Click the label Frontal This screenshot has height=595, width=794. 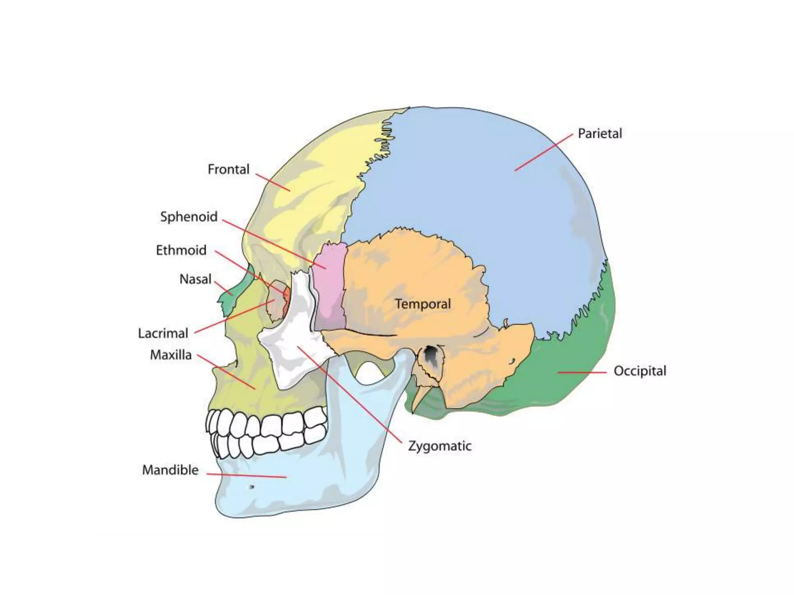[x=228, y=169]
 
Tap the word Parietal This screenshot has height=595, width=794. [x=599, y=134]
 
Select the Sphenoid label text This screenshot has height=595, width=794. [x=189, y=217]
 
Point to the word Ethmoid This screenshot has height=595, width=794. [x=181, y=250]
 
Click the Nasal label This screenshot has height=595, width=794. [x=195, y=279]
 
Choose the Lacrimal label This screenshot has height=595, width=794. [x=163, y=333]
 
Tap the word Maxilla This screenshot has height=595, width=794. [x=171, y=355]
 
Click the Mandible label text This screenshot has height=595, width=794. [x=170, y=470]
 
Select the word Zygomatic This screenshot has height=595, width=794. [x=440, y=446]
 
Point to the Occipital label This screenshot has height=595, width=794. [x=640, y=371]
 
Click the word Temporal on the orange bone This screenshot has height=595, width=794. [x=423, y=304]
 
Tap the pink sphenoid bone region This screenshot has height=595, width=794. [x=330, y=287]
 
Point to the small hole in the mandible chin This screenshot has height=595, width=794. [x=252, y=487]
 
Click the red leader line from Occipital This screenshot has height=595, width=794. [x=582, y=373]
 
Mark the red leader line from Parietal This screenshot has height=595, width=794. [x=543, y=152]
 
